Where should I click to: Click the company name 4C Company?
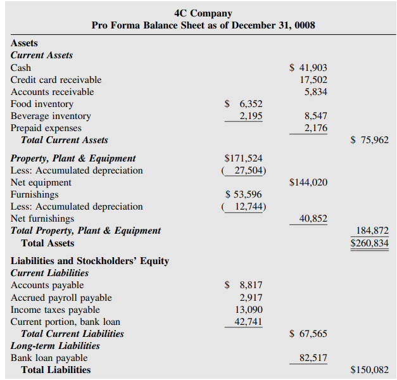(x=203, y=13)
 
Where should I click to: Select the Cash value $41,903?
(x=308, y=68)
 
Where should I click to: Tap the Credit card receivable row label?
(x=56, y=80)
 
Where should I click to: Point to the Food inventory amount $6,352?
(x=244, y=104)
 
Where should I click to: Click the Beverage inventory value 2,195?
(x=251, y=116)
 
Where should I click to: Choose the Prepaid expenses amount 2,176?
(x=316, y=128)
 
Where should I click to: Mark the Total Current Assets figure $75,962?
(x=370, y=140)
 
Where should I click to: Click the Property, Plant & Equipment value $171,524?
(x=244, y=158)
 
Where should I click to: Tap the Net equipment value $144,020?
(x=308, y=182)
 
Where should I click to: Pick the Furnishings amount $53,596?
(x=244, y=194)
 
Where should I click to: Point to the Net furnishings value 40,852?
(x=313, y=218)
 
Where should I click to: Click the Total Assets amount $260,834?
(x=370, y=243)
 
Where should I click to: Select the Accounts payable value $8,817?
(x=244, y=285)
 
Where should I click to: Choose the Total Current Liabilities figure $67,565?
(x=308, y=334)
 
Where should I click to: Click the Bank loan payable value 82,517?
(x=313, y=358)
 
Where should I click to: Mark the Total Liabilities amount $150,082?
(x=370, y=370)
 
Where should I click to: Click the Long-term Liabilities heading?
(x=55, y=346)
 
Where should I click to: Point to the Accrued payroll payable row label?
(x=61, y=297)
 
